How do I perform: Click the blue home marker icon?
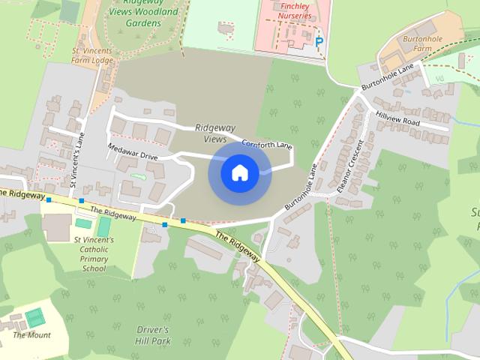click(239, 173)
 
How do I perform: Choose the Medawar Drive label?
click(133, 152)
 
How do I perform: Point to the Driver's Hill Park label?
click(154, 334)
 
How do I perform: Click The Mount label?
click(32, 334)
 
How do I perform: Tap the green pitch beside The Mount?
click(35, 317)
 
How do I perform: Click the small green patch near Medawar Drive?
click(137, 176)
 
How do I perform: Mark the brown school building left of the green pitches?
click(57, 227)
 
